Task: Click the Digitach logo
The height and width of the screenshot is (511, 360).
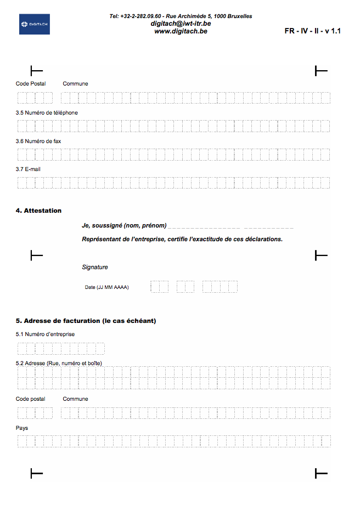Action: (x=35, y=24)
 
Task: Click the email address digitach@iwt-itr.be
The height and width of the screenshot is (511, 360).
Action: (x=181, y=24)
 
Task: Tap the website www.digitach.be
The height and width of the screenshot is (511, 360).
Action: (x=181, y=31)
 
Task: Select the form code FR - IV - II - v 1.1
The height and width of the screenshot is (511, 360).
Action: (x=312, y=31)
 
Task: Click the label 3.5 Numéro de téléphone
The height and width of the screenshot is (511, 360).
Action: (x=47, y=112)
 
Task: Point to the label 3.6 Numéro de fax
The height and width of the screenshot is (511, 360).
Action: (x=38, y=141)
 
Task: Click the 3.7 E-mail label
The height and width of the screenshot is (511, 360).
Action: (x=28, y=169)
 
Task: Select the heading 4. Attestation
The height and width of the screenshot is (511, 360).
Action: (x=38, y=211)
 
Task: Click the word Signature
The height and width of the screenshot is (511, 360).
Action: (x=95, y=267)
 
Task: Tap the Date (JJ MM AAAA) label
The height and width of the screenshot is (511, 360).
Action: (x=106, y=287)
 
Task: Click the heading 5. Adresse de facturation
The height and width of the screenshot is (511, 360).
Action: (x=86, y=321)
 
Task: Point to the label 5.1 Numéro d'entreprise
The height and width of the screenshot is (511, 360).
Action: (x=45, y=334)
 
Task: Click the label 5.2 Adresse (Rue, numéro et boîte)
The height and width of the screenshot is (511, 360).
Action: (x=59, y=363)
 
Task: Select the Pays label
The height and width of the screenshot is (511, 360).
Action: (x=22, y=428)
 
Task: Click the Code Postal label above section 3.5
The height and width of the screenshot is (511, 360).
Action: (x=31, y=84)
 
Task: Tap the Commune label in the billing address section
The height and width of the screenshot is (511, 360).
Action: (x=75, y=399)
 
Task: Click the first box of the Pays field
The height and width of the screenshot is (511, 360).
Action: (x=22, y=441)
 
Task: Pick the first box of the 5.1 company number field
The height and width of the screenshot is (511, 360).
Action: (x=22, y=349)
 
